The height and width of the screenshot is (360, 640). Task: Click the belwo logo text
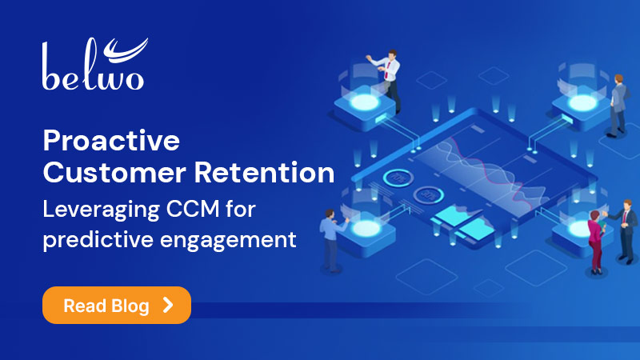tap(94, 76)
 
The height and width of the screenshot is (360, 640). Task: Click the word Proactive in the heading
tap(110, 142)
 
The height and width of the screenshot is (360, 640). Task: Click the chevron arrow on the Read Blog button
tap(167, 305)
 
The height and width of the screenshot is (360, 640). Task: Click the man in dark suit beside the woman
tap(622, 232)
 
